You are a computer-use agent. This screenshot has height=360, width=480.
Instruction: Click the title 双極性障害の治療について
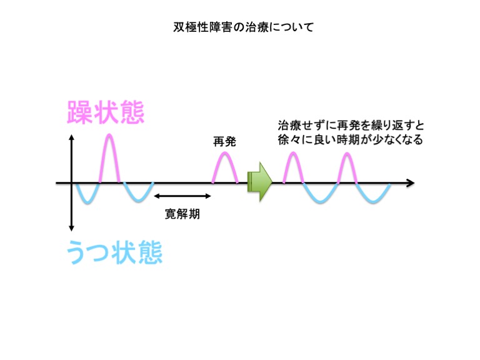click(244, 27)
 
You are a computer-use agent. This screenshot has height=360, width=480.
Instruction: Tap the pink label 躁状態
click(106, 112)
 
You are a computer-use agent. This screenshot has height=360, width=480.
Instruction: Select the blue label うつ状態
click(114, 252)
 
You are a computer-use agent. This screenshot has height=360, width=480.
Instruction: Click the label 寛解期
click(182, 214)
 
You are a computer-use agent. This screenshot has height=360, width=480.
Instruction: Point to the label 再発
click(225, 142)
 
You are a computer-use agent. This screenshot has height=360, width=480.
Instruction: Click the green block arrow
click(259, 182)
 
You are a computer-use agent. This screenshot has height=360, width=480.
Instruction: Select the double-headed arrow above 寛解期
click(182, 196)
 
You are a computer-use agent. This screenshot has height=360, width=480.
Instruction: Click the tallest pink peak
click(109, 135)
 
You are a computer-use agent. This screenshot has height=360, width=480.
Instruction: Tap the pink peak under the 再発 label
click(225, 153)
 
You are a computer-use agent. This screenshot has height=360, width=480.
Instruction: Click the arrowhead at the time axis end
click(411, 183)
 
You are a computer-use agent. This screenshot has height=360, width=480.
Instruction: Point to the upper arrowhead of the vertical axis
click(71, 137)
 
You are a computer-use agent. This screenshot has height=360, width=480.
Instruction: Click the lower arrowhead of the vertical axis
click(71, 227)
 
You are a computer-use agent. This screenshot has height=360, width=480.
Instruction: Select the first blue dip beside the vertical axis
click(87, 202)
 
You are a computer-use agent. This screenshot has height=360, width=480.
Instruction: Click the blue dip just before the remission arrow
click(138, 201)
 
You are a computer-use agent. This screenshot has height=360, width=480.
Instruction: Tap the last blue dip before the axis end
click(373, 202)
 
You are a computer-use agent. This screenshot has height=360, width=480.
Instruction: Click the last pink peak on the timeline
click(347, 154)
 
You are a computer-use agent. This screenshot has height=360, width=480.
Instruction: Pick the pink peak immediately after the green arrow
click(293, 153)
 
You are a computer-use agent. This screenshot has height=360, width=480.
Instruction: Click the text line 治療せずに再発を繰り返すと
click(351, 126)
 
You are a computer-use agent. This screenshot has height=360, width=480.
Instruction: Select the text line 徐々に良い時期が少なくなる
click(351, 139)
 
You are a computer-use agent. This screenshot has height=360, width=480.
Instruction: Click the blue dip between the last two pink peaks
click(321, 202)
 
